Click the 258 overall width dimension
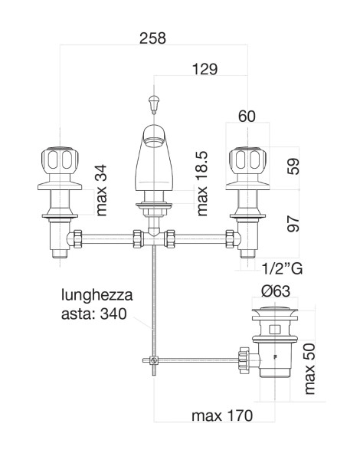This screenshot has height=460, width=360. click(x=152, y=38)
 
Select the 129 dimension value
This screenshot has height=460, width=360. click(x=205, y=70)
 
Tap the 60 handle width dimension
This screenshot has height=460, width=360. click(x=247, y=117)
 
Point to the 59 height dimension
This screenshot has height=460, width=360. click(x=293, y=166)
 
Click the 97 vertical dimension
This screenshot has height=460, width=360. click(x=293, y=224)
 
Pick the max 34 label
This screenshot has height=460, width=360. click(x=101, y=190)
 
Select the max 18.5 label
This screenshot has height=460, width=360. click(x=202, y=184)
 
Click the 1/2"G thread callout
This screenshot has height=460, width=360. click(x=282, y=268)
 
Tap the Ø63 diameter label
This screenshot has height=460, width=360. click(x=276, y=291)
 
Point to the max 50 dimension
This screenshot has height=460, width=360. click(x=309, y=369)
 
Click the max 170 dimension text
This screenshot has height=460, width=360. click(x=222, y=416)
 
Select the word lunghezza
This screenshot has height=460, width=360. click(x=97, y=295)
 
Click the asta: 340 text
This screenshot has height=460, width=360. click(x=93, y=314)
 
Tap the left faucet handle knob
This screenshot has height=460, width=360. click(x=60, y=160)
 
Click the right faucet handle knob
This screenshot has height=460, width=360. click(x=247, y=160)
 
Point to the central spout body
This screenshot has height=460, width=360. click(x=154, y=159)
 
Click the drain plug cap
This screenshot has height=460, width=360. click(x=275, y=309)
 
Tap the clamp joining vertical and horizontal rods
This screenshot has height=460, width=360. click(x=153, y=360)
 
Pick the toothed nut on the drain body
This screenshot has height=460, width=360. click(x=244, y=360)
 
